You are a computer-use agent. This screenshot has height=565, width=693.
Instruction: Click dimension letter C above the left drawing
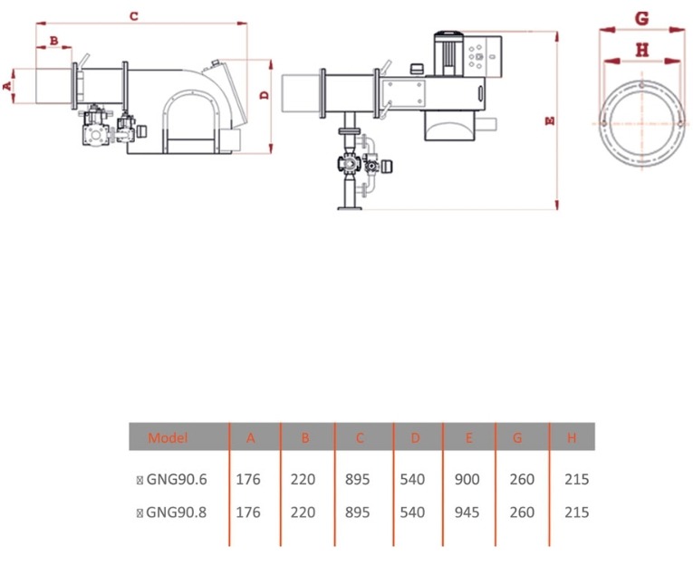[x=134, y=16]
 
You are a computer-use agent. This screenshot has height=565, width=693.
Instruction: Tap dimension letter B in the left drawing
[x=54, y=41]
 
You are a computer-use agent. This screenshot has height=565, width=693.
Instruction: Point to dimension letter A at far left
[x=8, y=86]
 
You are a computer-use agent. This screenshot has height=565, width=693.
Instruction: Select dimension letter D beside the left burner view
[x=265, y=94]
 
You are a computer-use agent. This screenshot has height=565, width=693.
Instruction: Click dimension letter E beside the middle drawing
[x=550, y=120]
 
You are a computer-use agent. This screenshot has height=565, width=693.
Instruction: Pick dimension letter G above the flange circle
[x=641, y=18]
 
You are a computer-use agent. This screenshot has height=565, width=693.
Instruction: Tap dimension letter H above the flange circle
[x=642, y=50]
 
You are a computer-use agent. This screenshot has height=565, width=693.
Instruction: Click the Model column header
[x=168, y=437]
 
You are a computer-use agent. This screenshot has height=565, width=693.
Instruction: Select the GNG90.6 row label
[x=177, y=479]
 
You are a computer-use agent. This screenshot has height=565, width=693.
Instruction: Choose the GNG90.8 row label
[x=177, y=512]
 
